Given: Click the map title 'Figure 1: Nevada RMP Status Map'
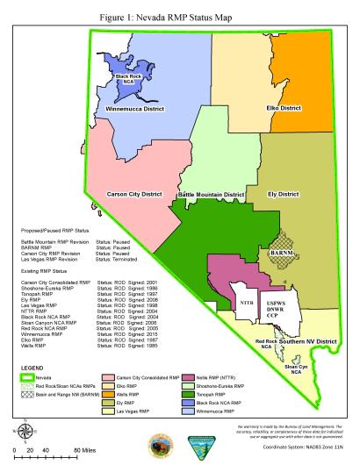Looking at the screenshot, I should pyautogui.click(x=179, y=10).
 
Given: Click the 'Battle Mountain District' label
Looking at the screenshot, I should pyautogui.click(x=211, y=194).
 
